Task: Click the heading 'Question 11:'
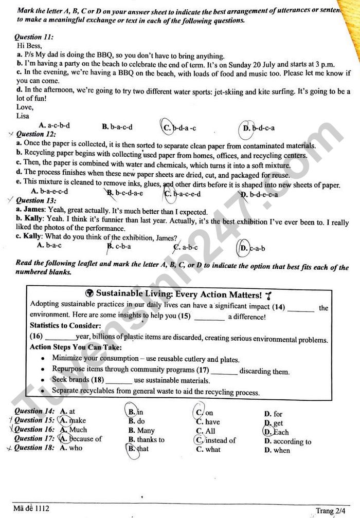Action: click(34, 38)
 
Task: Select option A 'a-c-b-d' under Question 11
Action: click(55, 125)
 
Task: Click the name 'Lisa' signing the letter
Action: click(24, 116)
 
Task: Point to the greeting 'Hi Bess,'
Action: click(29, 46)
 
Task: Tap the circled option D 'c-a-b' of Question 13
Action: click(252, 248)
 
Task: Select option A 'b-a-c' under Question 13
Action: click(49, 245)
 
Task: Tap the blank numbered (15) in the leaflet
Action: click(209, 317)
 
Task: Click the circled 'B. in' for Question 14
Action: click(135, 412)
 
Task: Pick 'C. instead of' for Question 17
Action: click(215, 440)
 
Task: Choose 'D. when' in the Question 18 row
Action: click(277, 450)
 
